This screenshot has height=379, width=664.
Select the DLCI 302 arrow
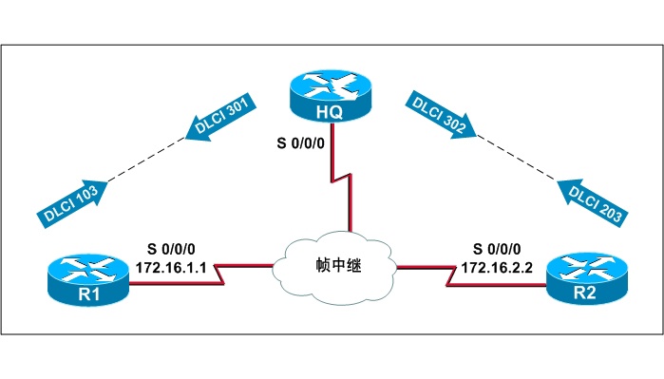pos(440,116)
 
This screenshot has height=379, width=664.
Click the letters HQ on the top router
pos(329,113)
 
